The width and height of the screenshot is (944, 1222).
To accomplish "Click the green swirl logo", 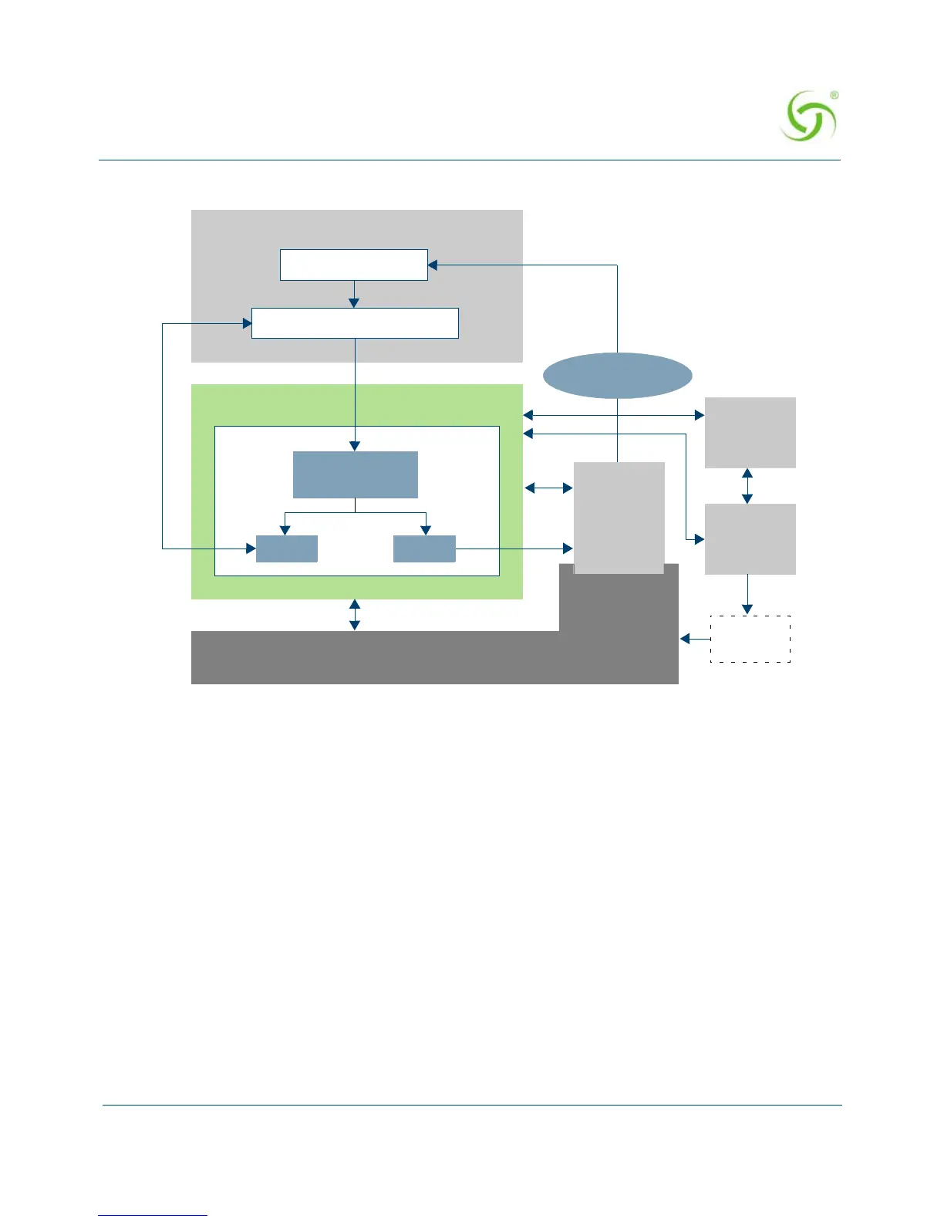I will tap(807, 116).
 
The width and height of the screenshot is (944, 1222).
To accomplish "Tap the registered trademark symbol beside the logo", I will tap(834, 96).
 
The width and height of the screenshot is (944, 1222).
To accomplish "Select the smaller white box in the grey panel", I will tap(353, 265).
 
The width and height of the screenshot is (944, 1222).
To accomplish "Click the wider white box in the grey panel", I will tap(355, 323).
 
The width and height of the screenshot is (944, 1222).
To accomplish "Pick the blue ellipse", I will tap(617, 376).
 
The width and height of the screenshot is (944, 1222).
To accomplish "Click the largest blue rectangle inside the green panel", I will tap(356, 474).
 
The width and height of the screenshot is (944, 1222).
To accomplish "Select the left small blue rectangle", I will tap(286, 549).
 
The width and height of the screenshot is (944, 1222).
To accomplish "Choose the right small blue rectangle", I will tap(424, 549).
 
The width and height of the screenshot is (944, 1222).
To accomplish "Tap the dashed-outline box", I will tap(750, 639).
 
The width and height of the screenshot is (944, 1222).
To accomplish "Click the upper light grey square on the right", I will tap(750, 432).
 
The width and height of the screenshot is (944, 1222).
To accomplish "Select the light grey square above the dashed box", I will tap(750, 538).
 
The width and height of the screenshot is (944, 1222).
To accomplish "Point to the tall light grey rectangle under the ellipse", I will tap(619, 518).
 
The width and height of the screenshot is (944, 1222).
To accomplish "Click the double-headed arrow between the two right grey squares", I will tap(747, 486).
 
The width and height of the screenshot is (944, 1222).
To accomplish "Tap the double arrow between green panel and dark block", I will tap(355, 615).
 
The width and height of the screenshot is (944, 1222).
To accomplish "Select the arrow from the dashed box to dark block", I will tap(694, 639).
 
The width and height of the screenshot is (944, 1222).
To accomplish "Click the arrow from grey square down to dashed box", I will tap(747, 595).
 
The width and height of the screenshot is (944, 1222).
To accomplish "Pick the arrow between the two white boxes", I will tap(354, 294).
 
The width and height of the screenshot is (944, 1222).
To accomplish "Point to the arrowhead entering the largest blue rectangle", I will tap(355, 446).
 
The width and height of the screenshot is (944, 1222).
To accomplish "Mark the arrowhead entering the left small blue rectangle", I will tap(251, 549).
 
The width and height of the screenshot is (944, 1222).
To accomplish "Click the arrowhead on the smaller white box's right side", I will tap(433, 265).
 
